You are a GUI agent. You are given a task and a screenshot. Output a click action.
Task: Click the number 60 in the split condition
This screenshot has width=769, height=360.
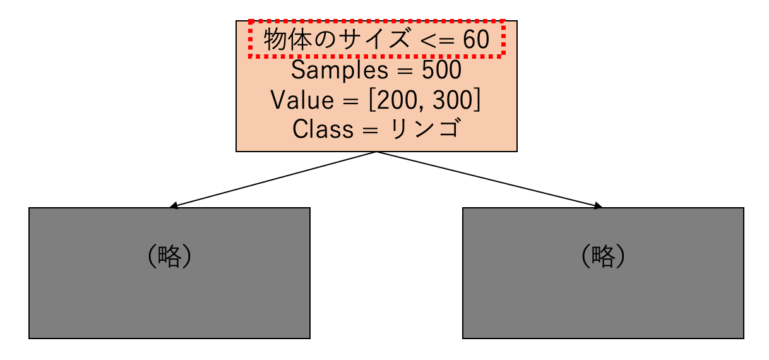pos(476,39)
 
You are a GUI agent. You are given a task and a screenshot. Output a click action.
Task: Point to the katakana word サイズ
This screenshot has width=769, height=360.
pos(374,39)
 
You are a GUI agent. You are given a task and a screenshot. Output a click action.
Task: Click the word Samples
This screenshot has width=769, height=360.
pos(340,70)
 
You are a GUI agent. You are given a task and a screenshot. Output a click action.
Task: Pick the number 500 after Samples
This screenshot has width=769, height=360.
pos(441,70)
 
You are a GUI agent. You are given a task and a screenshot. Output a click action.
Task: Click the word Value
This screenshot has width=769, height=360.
pos(302,100)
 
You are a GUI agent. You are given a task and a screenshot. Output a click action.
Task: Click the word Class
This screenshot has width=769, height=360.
pos(323,129)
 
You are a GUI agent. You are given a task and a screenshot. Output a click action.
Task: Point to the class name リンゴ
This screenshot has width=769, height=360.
pos(425,129)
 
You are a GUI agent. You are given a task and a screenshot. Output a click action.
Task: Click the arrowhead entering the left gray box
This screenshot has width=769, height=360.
pos(174,205)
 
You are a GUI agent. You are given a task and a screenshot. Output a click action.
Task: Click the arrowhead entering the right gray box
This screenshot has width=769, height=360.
pos(599,205)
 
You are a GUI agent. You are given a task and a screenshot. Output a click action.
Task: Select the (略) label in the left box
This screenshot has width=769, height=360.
pos(169,256)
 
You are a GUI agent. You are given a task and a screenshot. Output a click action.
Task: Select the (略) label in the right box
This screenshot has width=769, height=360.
pos(603,256)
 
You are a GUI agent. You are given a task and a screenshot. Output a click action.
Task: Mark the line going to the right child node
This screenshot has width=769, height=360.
pos(489,179)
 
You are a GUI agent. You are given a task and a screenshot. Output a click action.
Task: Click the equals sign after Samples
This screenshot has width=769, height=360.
pos(405,71)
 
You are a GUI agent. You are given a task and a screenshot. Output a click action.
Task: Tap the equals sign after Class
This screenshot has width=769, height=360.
pos(370,131)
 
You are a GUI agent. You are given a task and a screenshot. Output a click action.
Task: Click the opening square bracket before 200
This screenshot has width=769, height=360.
pos(372,100)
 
